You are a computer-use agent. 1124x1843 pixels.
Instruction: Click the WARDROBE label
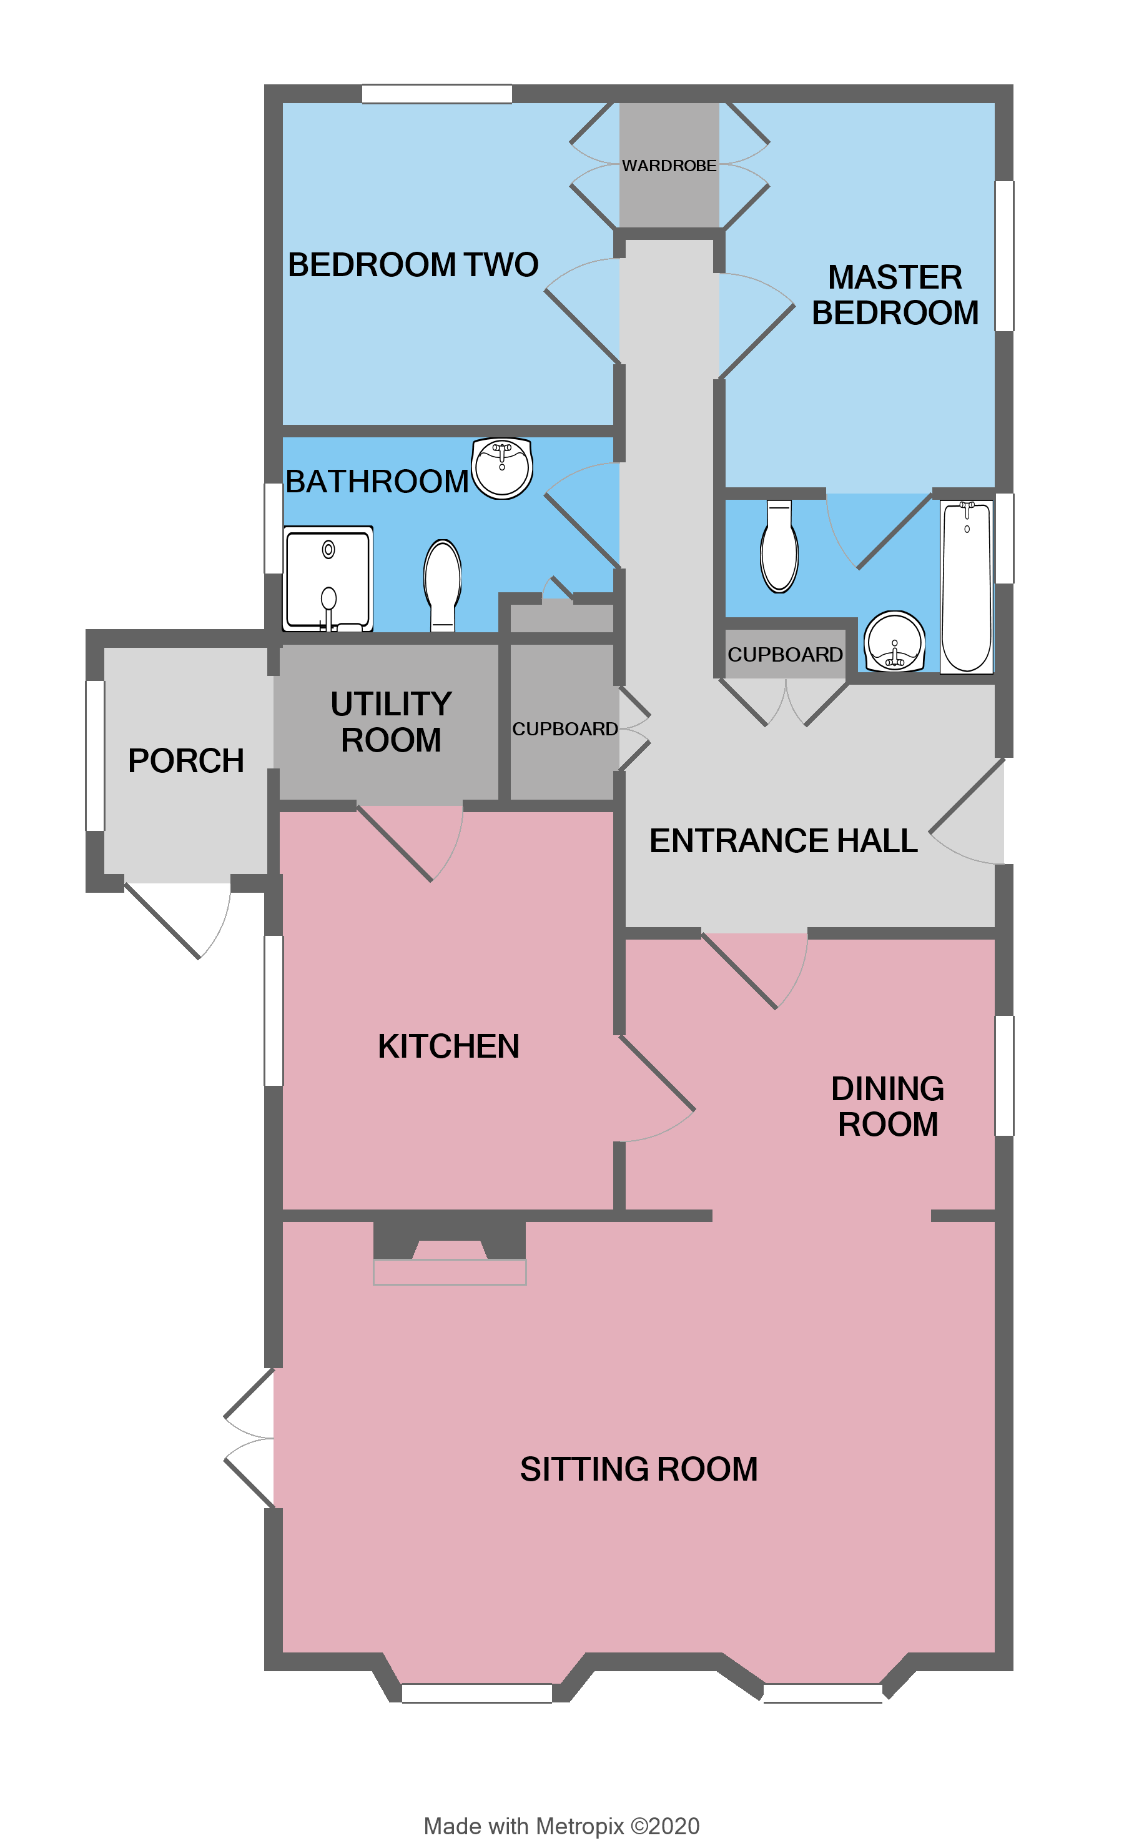pos(669,166)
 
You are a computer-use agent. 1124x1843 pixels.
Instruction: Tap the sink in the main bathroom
pos(502,468)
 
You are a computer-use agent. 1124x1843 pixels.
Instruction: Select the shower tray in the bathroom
pos(328,579)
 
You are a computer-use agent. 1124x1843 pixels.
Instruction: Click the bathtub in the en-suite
pos(966,587)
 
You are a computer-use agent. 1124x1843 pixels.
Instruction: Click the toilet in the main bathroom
pos(443,584)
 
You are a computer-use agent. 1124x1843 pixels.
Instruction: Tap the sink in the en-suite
pos(894,642)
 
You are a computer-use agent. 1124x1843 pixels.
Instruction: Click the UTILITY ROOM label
pos(391,722)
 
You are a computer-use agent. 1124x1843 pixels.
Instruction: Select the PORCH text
pos(185,761)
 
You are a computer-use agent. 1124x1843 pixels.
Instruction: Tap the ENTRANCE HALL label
pos(783,841)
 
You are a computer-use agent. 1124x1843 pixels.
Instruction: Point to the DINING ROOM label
pos(888,1106)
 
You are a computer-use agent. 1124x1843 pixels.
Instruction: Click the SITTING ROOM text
pos(639,1469)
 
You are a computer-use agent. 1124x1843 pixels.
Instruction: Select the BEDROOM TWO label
pos(413,265)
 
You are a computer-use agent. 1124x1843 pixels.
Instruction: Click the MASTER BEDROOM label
pos(895,295)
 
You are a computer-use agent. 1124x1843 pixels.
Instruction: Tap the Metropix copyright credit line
pos(561,1826)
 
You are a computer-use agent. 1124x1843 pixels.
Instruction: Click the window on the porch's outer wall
pos(95,755)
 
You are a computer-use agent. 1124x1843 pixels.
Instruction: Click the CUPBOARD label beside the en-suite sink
pos(784,655)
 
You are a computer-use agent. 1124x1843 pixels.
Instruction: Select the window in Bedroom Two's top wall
pos(436,94)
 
